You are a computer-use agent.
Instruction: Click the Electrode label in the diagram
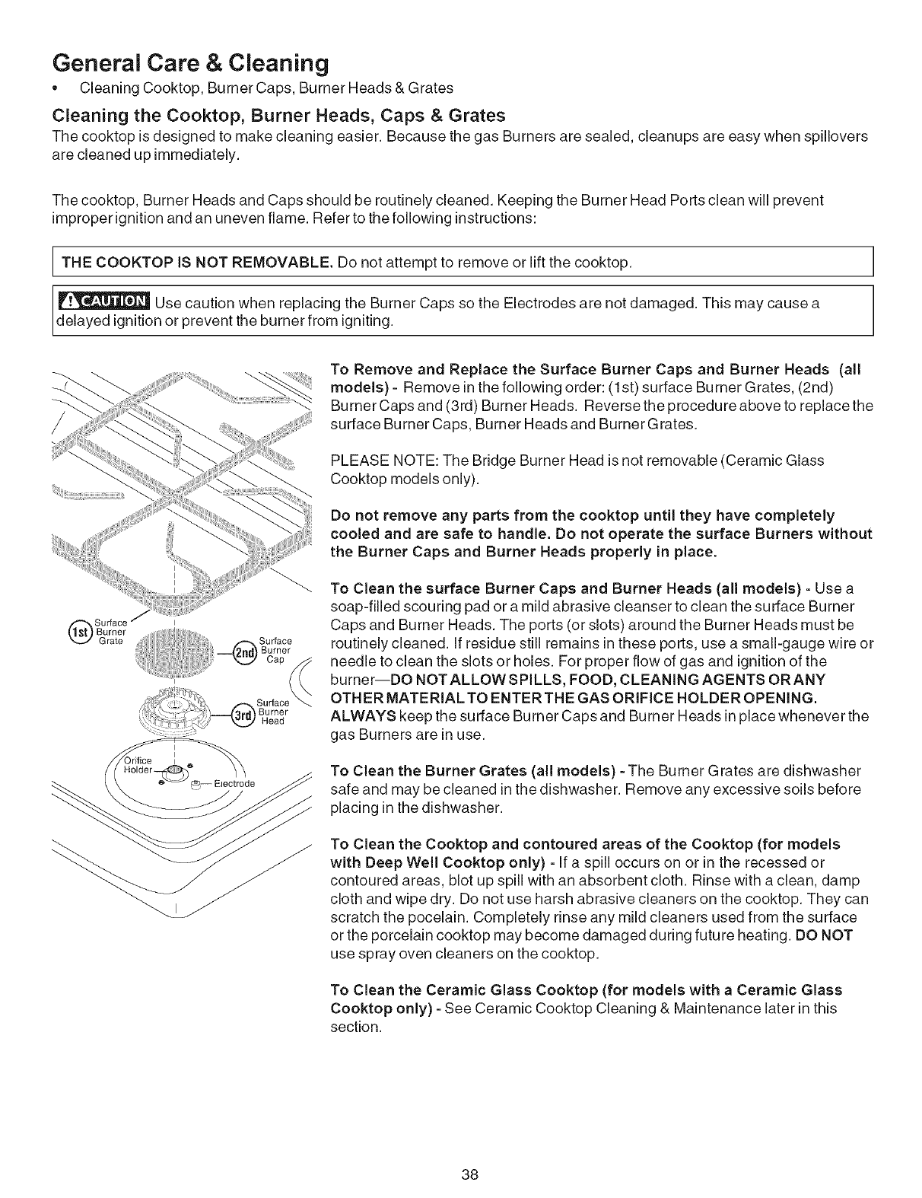click(x=234, y=782)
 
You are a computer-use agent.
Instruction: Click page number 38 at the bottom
click(x=469, y=1152)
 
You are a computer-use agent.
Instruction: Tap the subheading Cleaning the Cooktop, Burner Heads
click(x=278, y=116)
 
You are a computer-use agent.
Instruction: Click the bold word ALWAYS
click(x=359, y=717)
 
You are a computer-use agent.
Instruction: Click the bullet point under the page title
click(x=56, y=88)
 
